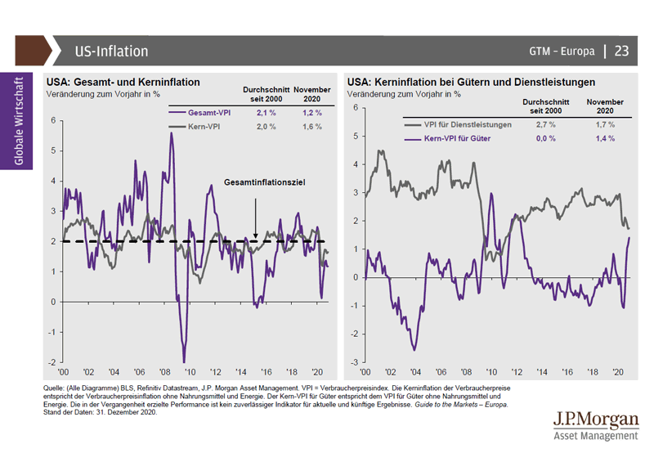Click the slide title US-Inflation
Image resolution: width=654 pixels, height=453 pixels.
coord(110,52)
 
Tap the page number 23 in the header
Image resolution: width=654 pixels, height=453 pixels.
coord(621,51)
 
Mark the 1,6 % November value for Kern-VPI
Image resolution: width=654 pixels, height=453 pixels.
coord(312,128)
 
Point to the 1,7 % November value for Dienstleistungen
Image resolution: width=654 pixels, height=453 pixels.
coord(605,124)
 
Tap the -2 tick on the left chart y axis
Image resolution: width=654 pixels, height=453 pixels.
coord(52,362)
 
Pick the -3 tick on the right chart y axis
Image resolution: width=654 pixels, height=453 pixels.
coord(354,362)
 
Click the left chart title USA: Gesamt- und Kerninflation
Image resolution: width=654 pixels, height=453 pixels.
coord(123,83)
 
